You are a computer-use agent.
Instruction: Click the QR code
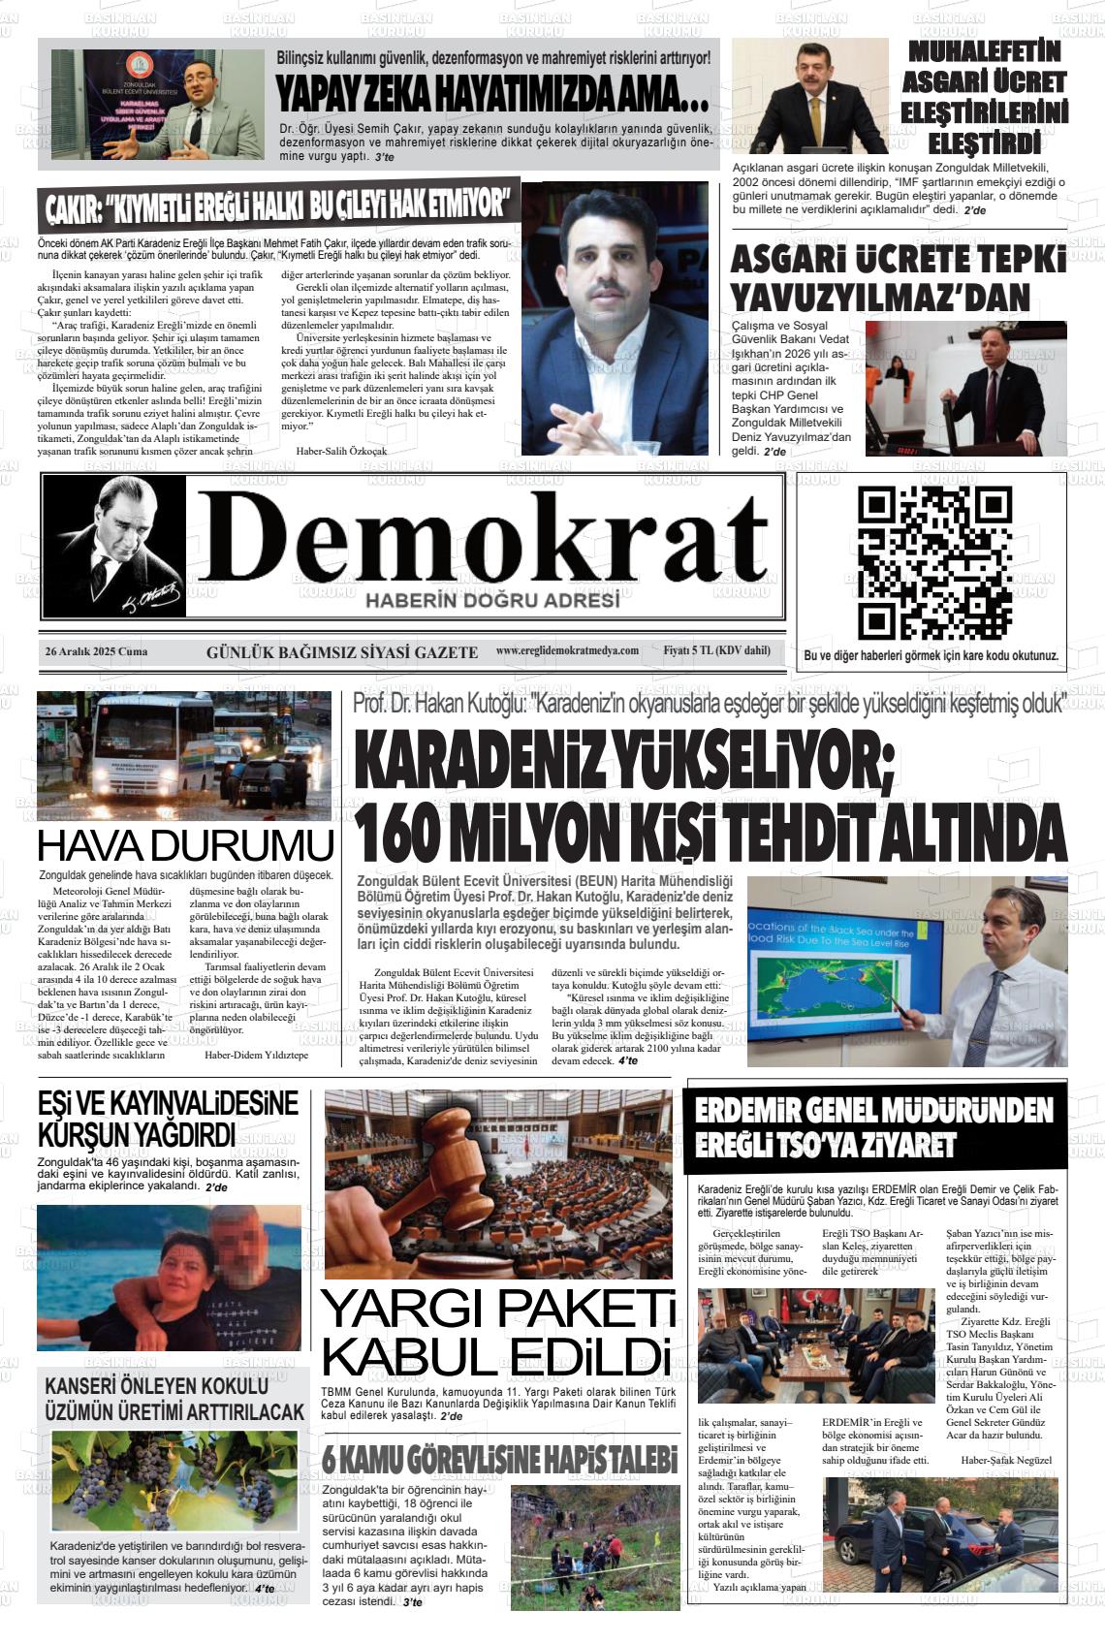click(934, 562)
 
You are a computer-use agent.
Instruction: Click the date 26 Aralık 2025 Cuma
click(96, 651)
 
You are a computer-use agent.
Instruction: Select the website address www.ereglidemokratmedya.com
click(567, 650)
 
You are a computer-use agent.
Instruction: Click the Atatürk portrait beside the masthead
click(114, 547)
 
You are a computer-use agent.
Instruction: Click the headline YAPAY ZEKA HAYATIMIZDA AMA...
click(491, 94)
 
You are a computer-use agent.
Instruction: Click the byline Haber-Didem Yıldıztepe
click(256, 1055)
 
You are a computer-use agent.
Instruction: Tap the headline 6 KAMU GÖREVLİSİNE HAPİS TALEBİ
click(499, 1459)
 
